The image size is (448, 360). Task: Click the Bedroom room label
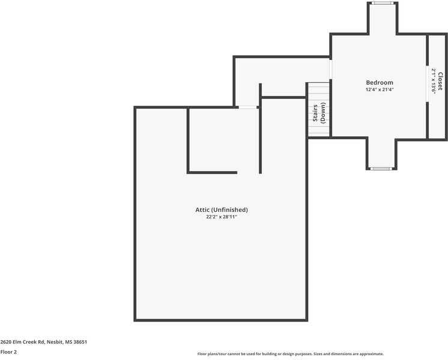tap(380, 82)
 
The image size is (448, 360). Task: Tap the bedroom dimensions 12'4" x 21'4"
tap(380, 89)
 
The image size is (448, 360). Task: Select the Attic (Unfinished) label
tap(222, 209)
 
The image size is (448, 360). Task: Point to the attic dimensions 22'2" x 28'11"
tap(222, 217)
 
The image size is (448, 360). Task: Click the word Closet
tap(440, 81)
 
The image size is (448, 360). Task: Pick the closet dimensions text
tap(433, 81)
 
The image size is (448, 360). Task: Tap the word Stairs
tap(315, 113)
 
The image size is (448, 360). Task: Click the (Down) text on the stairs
tap(322, 113)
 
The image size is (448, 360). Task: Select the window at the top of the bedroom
tap(381, 3)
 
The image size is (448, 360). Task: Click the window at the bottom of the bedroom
tap(381, 169)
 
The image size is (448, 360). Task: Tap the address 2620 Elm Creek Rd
tap(23, 342)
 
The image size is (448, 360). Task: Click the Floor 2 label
tap(8, 352)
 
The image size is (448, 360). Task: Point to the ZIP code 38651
tap(80, 342)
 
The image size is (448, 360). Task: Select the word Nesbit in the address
tap(56, 342)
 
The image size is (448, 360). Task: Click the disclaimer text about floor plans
tap(290, 354)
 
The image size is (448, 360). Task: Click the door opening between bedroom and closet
tap(428, 84)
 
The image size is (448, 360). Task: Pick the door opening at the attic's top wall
tap(247, 107)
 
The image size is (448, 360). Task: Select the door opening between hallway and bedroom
tap(331, 69)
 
